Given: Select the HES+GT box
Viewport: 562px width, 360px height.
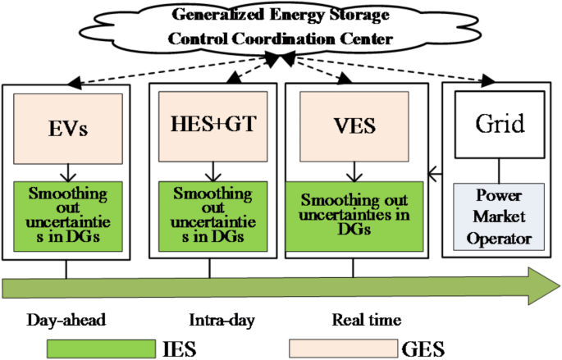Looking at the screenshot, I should pyautogui.click(x=212, y=125).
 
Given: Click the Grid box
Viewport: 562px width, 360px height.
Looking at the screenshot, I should pyautogui.click(x=499, y=125).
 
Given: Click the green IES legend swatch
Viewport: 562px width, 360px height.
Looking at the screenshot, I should pyautogui.click(x=103, y=348).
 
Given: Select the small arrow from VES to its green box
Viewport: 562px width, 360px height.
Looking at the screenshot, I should pyautogui.click(x=354, y=171).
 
